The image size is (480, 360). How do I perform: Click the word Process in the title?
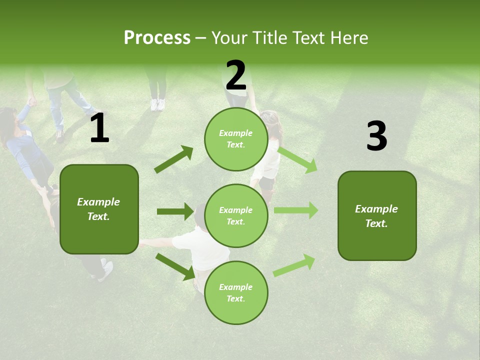point(157,37)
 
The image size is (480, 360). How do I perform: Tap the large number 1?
point(99,128)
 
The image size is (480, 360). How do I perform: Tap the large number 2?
point(236,75)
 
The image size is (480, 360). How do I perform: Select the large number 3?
point(376,136)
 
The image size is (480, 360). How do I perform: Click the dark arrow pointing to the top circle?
point(174,159)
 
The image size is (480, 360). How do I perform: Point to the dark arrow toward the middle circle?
point(175,211)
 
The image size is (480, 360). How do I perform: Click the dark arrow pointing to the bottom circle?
point(175,266)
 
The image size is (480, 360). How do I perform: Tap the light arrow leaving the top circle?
point(298,159)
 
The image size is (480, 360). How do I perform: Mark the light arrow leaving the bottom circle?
point(294,265)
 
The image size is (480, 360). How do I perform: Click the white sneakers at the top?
point(157,104)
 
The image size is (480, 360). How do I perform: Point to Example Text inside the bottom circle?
point(235,293)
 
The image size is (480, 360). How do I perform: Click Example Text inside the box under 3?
point(376,216)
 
